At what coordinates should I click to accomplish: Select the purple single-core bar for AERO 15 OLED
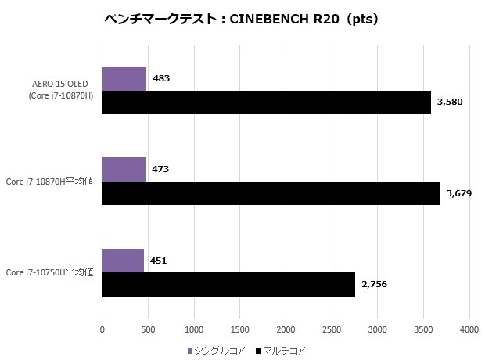(124, 78)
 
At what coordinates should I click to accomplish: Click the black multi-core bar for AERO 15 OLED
(266, 103)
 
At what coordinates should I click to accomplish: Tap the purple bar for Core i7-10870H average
(124, 169)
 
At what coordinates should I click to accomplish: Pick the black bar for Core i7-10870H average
(271, 193)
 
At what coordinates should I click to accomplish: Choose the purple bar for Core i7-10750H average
(123, 261)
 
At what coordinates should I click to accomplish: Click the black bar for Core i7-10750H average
(228, 284)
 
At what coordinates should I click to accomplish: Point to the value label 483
(161, 78)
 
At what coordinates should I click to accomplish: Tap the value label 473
(160, 169)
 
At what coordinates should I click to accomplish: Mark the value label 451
(159, 261)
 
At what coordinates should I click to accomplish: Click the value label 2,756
(374, 284)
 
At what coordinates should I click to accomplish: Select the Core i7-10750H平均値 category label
(50, 272)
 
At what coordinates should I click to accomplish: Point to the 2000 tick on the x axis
(286, 330)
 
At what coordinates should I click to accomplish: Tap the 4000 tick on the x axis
(469, 330)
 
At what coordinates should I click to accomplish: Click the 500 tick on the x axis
(148, 330)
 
